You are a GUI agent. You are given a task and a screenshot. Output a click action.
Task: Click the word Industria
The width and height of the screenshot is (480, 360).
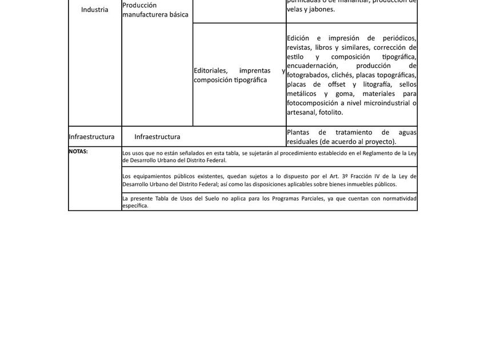point(94,10)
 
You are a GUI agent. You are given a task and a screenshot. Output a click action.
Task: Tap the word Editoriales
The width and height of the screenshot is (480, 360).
point(210,70)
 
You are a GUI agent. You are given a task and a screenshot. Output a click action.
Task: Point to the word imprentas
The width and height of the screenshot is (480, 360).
point(255,70)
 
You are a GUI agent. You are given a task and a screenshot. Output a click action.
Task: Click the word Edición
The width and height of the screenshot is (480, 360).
point(298,38)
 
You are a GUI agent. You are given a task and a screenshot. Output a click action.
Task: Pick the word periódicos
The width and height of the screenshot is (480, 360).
point(397,38)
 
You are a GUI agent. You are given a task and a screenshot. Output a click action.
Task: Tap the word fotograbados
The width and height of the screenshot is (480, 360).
point(309,75)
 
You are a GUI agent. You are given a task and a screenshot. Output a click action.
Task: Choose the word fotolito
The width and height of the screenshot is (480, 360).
point(331,112)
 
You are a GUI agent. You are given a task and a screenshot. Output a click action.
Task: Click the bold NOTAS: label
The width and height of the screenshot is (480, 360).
point(78,151)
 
